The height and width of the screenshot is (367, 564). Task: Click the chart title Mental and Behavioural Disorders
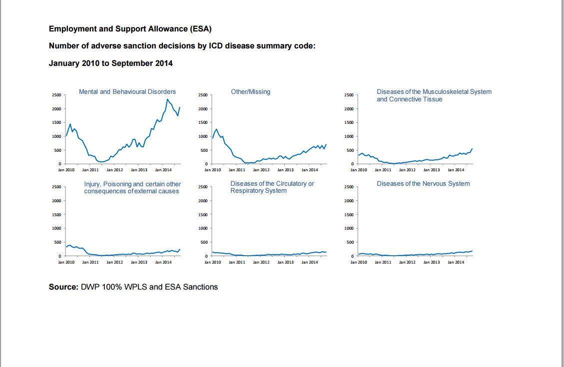[x=127, y=92]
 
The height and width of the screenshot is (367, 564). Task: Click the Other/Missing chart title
[x=250, y=92]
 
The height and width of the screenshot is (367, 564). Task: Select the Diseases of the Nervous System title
[x=423, y=184]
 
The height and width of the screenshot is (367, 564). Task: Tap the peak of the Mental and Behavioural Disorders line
[x=167, y=99]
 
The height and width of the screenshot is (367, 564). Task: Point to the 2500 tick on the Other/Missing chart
[x=203, y=95]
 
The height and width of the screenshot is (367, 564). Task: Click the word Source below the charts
[x=63, y=287]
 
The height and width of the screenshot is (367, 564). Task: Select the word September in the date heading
[x=134, y=63]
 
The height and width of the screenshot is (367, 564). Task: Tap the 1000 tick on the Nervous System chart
[x=349, y=228]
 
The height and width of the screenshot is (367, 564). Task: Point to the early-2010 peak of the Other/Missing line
[x=216, y=129]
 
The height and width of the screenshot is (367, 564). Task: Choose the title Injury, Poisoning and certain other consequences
[x=132, y=188]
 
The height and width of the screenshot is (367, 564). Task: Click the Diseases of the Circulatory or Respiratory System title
[x=272, y=187]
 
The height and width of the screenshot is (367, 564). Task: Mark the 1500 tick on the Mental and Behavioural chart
[x=57, y=122]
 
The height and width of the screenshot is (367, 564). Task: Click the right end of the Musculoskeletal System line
[x=472, y=149]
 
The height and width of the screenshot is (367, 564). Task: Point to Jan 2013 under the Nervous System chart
[x=431, y=262]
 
